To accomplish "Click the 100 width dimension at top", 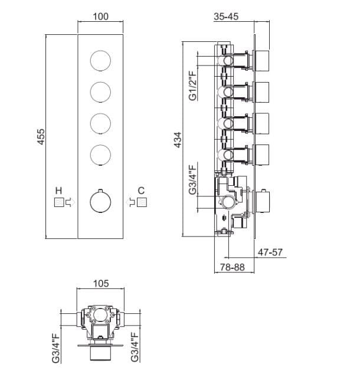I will click(100, 17).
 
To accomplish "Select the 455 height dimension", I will click(41, 138).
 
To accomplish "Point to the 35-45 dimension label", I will click(227, 17).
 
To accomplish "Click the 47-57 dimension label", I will click(271, 252).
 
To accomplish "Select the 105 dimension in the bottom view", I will click(101, 283).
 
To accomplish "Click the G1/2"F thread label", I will click(193, 87).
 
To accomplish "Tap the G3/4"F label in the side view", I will click(193, 181).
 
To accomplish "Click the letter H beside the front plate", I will click(58, 191).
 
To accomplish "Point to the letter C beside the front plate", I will click(140, 191).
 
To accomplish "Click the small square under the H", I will click(58, 202).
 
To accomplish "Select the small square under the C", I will click(141, 202).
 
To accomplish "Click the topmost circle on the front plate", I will click(101, 60).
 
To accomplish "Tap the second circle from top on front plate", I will click(101, 91).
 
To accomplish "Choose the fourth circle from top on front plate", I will click(101, 155).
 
